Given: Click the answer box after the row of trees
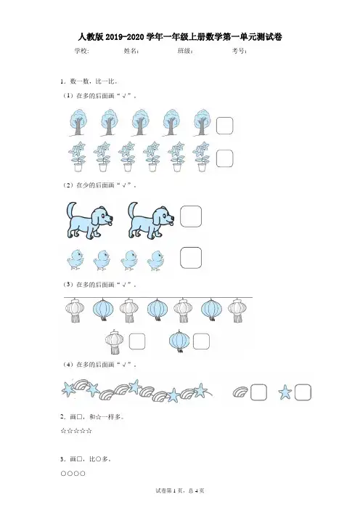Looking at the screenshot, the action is tap(224, 126).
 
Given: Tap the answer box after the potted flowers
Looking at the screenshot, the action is tap(224, 158).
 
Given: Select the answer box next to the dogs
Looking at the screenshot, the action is tap(191, 216).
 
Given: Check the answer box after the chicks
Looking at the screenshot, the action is tap(191, 258).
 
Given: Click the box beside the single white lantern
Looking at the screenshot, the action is tap(136, 341).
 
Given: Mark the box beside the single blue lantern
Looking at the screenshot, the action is tap(201, 341).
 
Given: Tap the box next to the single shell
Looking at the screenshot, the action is tap(258, 392).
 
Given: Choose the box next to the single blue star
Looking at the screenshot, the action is tap(303, 392).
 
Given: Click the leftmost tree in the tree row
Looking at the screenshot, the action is tap(78, 123).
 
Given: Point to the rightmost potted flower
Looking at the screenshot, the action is tap(201, 156).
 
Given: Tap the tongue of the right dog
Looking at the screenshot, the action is tap(171, 223).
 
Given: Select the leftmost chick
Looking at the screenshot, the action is tap(75, 259).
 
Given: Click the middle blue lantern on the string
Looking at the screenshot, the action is tap(157, 309).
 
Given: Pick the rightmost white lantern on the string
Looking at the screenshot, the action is tap(237, 310).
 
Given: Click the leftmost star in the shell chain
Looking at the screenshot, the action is tap(68, 389).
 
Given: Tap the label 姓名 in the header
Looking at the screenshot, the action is tap(131, 51).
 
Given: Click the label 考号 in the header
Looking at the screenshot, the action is tap(239, 51).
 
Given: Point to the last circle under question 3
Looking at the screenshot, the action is tap(83, 474).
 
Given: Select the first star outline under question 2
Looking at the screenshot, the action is tap(63, 431).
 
